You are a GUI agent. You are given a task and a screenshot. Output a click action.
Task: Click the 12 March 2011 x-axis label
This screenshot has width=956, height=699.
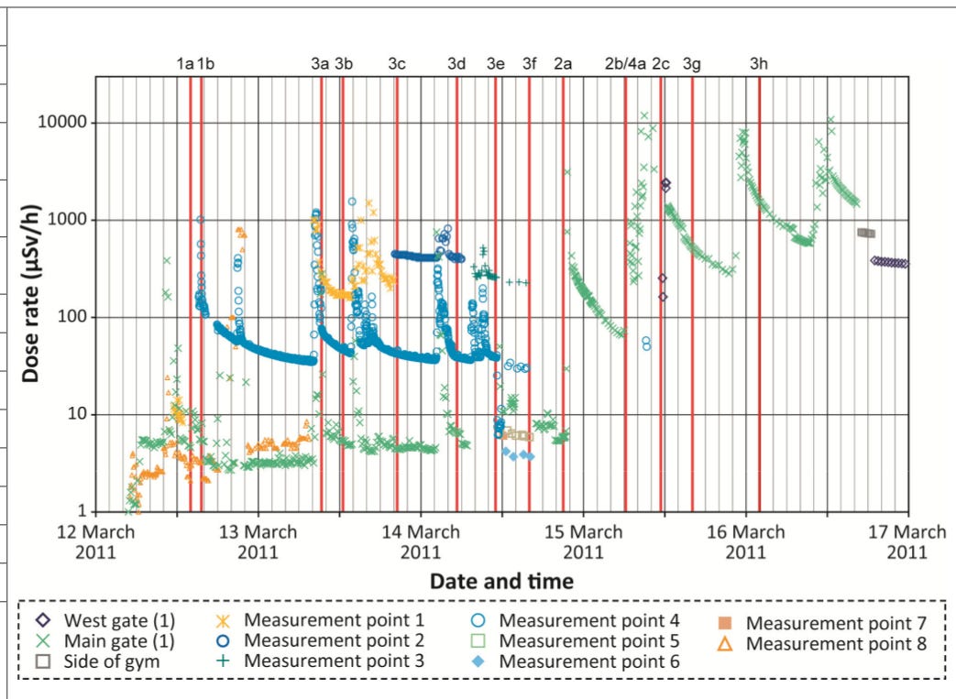click(95, 541)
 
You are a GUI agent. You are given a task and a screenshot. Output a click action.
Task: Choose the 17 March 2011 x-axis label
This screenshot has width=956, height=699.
click(907, 541)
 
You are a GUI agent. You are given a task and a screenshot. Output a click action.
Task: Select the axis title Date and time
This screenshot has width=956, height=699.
click(501, 581)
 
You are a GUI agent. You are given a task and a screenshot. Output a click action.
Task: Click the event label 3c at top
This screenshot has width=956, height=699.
click(397, 64)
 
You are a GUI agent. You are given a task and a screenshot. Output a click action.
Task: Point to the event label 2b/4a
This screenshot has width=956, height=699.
click(625, 64)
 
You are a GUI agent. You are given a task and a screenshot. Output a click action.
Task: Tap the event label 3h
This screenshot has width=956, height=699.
click(759, 64)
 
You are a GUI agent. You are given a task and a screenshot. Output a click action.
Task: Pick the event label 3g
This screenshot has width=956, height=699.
click(692, 64)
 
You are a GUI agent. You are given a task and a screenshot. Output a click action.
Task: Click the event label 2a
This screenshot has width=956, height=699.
click(563, 64)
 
